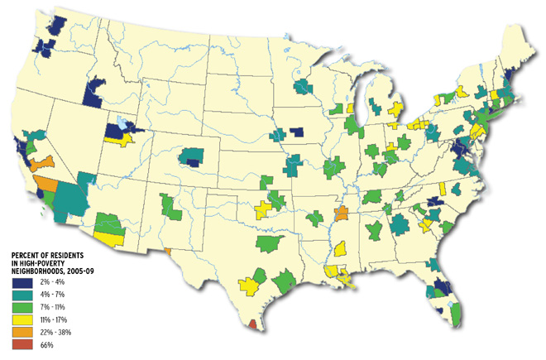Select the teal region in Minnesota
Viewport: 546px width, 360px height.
303,87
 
